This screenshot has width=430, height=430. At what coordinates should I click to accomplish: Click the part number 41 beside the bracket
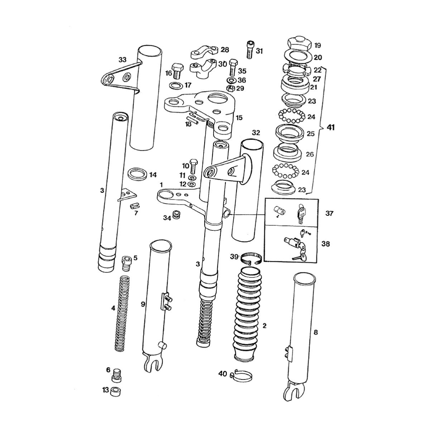click(x=330, y=127)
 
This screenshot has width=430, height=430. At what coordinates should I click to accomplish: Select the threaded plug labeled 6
click(x=116, y=376)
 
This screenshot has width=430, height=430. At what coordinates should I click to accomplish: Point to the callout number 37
click(x=329, y=214)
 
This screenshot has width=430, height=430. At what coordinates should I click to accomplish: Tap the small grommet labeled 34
click(x=176, y=214)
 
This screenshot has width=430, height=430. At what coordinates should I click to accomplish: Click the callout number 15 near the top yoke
click(x=239, y=117)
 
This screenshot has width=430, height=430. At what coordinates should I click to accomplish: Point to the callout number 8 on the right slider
click(x=315, y=332)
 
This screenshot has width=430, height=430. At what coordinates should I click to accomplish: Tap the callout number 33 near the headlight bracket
click(x=123, y=60)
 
